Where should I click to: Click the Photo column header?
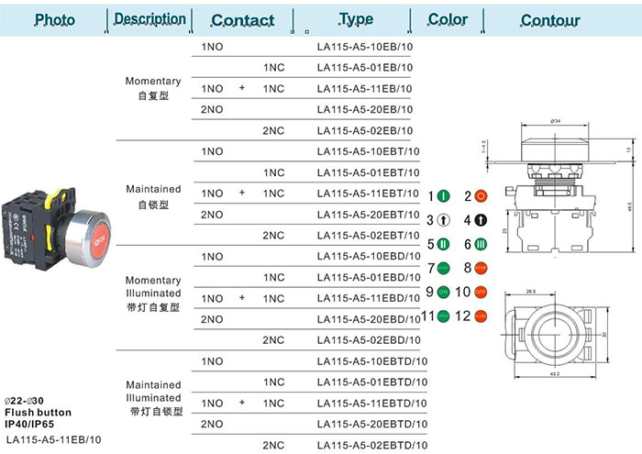point(55,20)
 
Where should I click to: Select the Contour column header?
point(550,20)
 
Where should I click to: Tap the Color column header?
point(448,19)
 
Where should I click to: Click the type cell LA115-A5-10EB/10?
point(364,46)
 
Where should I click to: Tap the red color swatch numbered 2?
point(480,196)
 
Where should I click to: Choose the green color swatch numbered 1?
point(443,196)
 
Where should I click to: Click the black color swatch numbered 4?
point(480,220)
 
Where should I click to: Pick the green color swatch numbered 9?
point(443,293)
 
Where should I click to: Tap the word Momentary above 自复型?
point(153,82)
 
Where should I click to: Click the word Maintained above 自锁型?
point(153,189)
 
